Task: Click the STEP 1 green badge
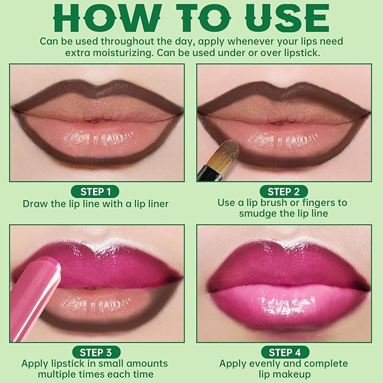[x=96, y=191]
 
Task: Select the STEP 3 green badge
[x=96, y=353]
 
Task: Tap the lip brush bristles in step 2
[x=225, y=152]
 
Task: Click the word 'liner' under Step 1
[x=155, y=204]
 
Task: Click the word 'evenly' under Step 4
[x=267, y=363]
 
